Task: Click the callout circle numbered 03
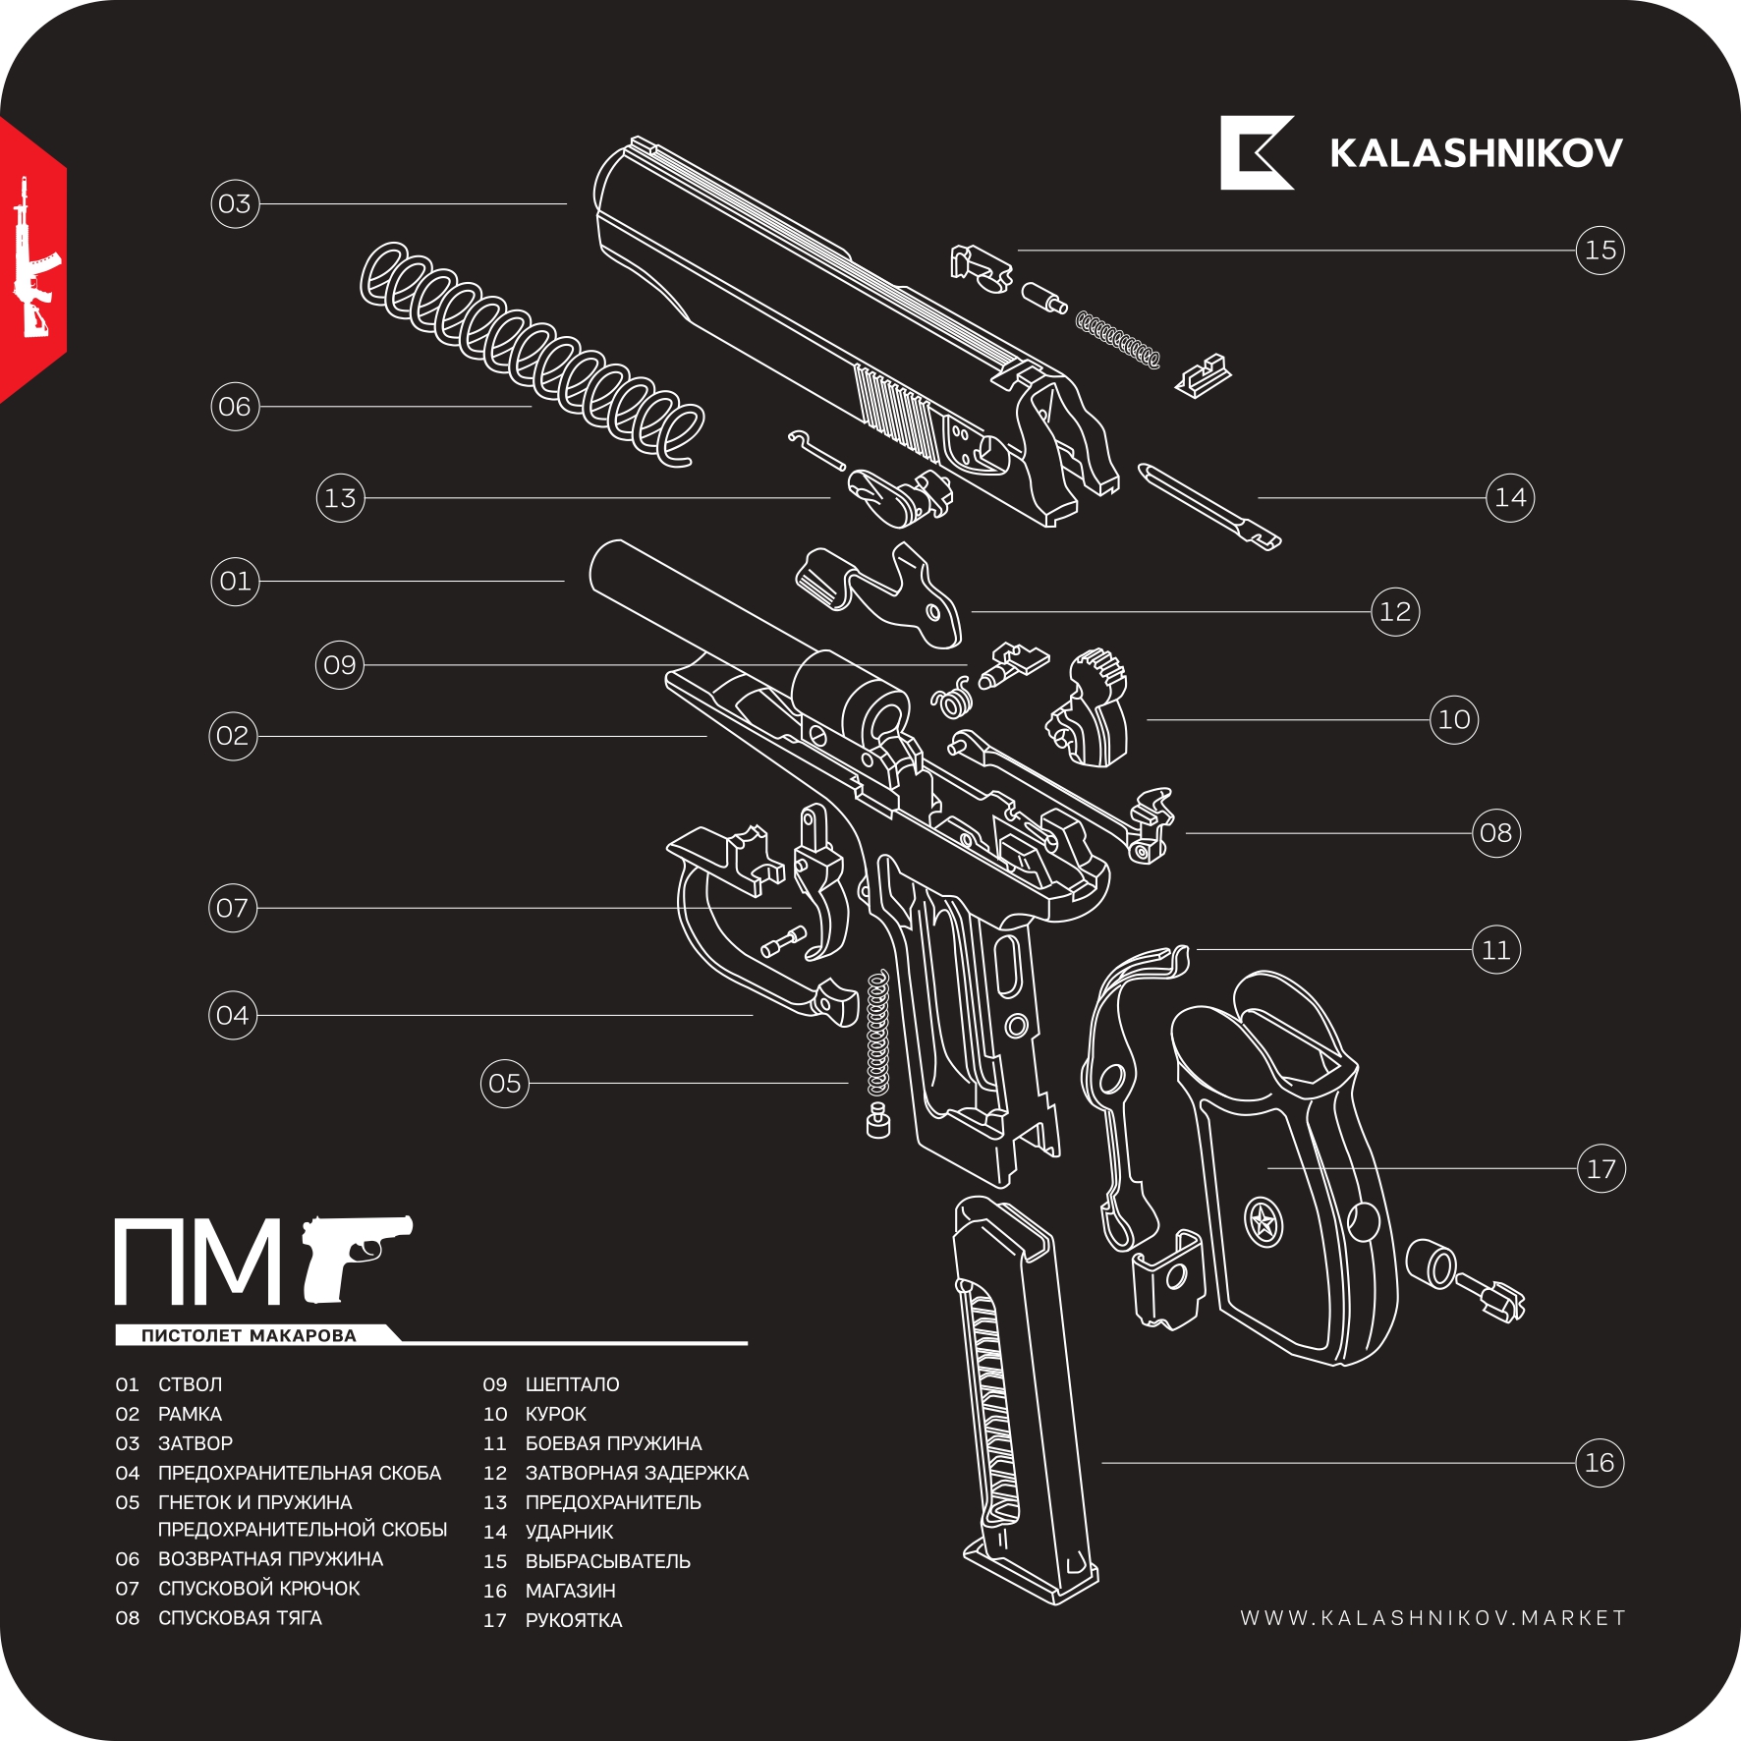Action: (x=235, y=204)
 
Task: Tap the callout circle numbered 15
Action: (x=1600, y=251)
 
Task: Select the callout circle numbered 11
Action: (x=1495, y=950)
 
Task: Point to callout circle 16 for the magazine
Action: (x=1600, y=1463)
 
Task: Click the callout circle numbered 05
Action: (x=504, y=1084)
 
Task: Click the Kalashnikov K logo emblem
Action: (x=1256, y=153)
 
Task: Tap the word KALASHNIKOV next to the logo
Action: (x=1476, y=154)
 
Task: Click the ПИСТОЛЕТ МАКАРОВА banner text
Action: (x=249, y=1335)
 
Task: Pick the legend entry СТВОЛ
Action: (x=190, y=1384)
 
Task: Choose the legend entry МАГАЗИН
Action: (x=570, y=1591)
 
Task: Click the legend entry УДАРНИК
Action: (x=569, y=1532)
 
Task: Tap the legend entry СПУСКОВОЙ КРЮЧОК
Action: (x=258, y=1589)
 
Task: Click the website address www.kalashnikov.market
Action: (x=1432, y=1618)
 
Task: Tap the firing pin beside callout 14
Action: (x=1210, y=506)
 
